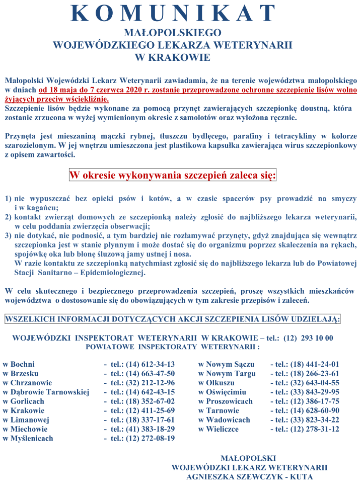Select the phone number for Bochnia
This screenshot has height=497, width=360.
click(x=142, y=364)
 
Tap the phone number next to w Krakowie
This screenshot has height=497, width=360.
click(x=142, y=410)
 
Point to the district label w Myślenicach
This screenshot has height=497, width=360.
click(x=28, y=438)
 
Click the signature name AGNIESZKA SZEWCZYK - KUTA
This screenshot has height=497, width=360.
click(x=249, y=477)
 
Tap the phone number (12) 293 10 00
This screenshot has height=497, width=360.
click(x=308, y=338)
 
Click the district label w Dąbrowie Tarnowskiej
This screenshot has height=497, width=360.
click(x=46, y=392)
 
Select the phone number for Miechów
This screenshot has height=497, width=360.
click(x=142, y=429)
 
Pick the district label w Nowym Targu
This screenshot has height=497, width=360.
click(x=227, y=373)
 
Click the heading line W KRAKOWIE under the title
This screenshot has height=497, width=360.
click(x=173, y=57)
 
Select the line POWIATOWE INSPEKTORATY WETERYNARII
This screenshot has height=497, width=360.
click(x=173, y=347)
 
